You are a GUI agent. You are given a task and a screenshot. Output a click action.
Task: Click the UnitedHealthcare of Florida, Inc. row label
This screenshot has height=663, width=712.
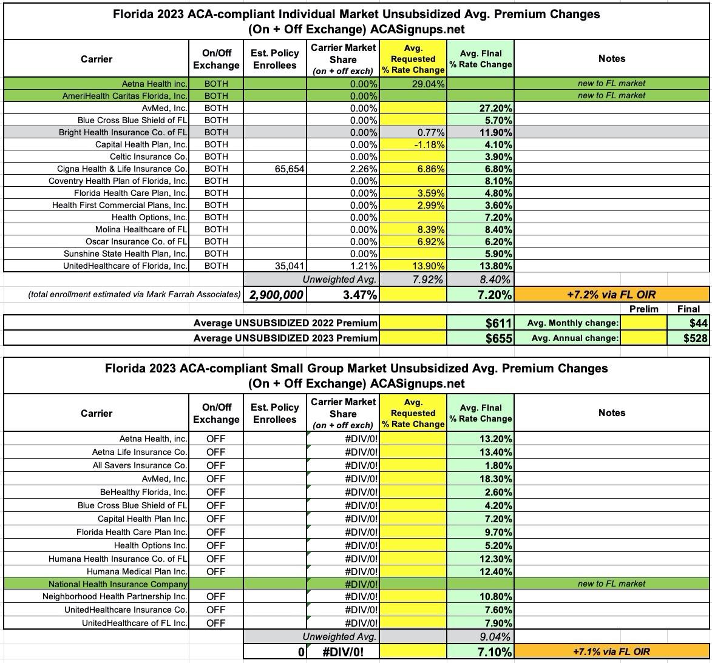tap(125, 266)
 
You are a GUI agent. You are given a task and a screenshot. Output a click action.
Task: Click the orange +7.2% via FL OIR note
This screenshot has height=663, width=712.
tap(611, 295)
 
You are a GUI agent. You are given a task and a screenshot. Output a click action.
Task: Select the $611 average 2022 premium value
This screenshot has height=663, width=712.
tap(499, 323)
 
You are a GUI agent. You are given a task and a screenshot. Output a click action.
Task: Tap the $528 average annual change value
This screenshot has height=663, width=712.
tap(694, 338)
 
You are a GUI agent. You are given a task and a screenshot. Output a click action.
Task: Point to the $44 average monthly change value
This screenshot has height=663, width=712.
tap(697, 323)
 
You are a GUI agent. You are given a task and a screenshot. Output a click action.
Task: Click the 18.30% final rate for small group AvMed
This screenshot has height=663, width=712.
tap(496, 479)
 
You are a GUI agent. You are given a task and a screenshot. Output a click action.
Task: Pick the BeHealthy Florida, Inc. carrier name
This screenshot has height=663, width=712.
tap(143, 492)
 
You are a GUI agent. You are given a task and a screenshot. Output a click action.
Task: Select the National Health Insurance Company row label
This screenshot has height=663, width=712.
tap(118, 584)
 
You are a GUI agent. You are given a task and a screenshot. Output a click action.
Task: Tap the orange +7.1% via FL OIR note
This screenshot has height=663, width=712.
tap(611, 651)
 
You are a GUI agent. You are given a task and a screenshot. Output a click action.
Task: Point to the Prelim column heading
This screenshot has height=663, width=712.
tap(643, 309)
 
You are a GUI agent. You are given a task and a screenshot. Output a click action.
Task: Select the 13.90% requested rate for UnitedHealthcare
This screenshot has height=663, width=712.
tap(428, 266)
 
